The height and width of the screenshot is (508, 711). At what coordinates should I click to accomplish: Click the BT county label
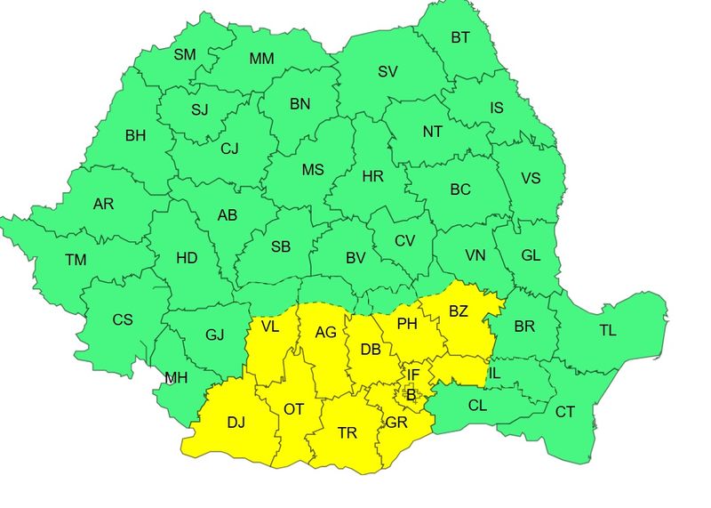click(460, 37)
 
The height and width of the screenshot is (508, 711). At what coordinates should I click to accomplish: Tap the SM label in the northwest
click(185, 55)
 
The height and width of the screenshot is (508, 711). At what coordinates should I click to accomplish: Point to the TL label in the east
click(607, 330)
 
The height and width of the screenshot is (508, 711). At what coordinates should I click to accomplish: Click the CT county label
click(565, 412)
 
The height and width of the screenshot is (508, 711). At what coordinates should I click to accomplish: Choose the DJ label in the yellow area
click(236, 423)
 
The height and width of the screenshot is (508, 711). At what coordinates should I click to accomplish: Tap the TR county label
click(348, 433)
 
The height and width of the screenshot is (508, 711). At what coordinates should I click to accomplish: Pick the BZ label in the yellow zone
click(458, 311)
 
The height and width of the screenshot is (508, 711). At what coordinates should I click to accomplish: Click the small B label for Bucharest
click(411, 393)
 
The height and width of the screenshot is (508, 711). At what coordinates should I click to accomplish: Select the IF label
click(413, 375)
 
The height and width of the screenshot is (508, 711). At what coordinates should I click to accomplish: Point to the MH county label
click(176, 378)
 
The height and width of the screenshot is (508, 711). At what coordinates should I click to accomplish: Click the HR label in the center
click(372, 176)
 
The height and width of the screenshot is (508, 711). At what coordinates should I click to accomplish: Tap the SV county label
click(387, 71)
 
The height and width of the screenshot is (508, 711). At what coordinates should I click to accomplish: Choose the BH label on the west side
click(135, 136)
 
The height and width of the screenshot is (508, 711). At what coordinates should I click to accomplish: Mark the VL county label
click(270, 327)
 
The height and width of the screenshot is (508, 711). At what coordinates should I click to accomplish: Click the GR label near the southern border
click(395, 423)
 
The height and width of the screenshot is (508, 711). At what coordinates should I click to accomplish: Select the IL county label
click(494, 374)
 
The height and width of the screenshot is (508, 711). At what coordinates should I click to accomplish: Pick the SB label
click(281, 246)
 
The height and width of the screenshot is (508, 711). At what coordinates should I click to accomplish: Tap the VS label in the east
click(530, 178)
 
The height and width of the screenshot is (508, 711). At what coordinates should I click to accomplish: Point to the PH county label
click(407, 324)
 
